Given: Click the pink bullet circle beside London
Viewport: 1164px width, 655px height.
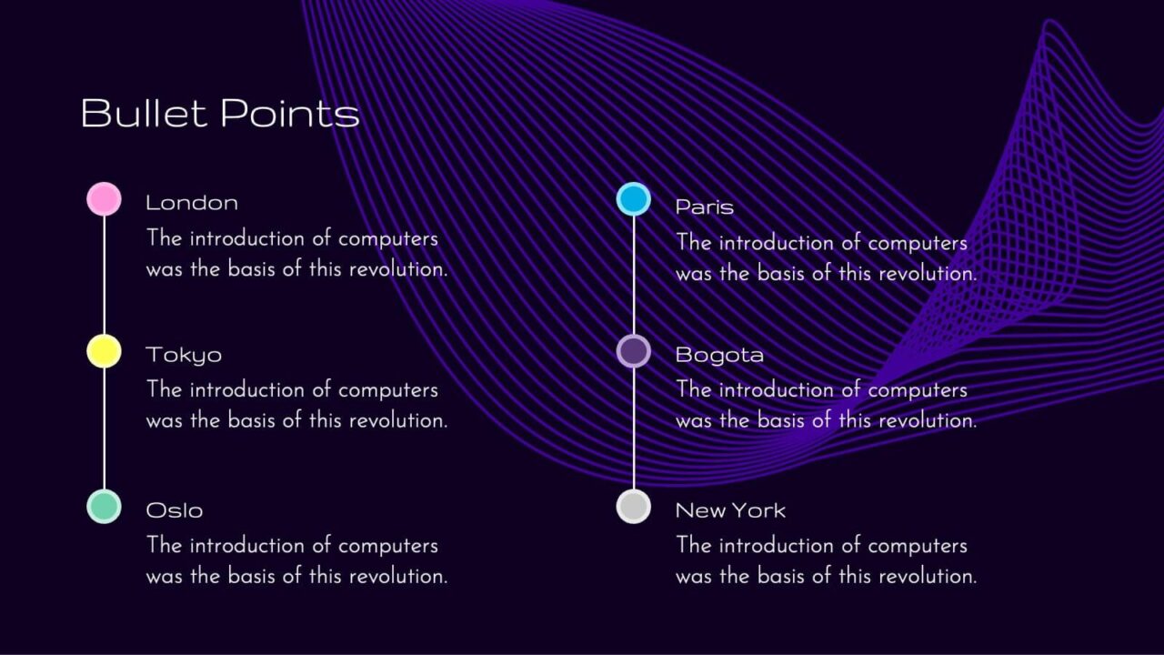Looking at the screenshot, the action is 104,198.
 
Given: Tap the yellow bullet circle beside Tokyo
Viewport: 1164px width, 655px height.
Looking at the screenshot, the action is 104,351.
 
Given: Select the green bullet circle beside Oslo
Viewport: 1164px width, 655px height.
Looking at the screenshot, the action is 104,507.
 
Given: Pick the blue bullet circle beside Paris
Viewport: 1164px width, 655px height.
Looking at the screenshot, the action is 634,198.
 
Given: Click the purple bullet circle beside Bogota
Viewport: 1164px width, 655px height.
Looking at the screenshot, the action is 634,351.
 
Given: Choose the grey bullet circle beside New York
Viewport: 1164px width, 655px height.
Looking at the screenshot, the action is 634,507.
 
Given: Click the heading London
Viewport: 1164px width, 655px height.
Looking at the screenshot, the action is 192,203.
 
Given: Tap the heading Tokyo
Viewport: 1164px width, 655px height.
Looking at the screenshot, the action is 184,356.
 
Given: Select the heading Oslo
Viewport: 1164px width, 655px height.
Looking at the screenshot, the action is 175,510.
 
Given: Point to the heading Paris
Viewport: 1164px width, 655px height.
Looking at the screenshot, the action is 705,207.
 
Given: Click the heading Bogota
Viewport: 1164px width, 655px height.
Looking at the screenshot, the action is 719,356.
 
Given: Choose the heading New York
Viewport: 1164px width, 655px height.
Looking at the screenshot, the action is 730,510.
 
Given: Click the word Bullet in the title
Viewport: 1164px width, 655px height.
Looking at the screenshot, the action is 144,113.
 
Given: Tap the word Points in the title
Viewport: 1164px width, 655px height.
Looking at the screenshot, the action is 290,113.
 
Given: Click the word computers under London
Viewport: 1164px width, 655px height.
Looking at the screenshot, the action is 388,239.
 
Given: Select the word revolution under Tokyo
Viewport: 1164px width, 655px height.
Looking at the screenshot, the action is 398,420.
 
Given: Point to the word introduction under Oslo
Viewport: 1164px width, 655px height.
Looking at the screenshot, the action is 246,546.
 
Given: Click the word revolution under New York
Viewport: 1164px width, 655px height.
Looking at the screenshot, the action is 928,576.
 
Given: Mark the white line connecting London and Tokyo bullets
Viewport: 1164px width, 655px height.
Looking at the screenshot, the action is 104,276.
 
